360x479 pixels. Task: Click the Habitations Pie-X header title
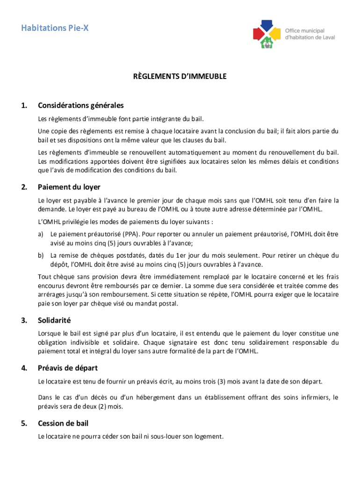pos(55,29)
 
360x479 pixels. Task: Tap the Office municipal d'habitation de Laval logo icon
pos(266,33)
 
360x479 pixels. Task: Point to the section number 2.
pos(23,187)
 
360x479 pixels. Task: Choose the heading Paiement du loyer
pos(69,187)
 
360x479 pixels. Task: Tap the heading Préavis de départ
pos(68,368)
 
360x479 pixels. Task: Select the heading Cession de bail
pos(63,423)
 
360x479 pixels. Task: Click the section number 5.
pos(23,423)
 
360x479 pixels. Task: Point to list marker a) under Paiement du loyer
pos(41,233)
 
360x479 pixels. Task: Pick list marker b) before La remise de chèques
pos(41,255)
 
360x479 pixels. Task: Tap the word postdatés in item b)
pos(136,255)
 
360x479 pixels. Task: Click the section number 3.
pos(23,320)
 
